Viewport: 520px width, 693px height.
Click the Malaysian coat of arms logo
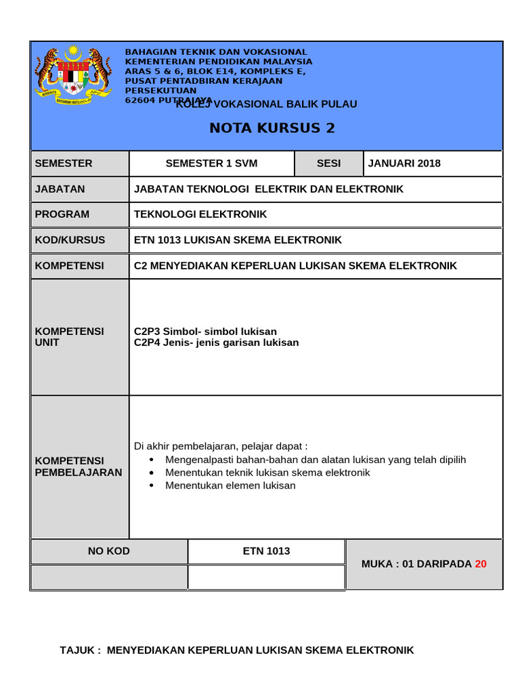(72, 74)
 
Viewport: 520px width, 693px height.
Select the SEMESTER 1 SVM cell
(211, 163)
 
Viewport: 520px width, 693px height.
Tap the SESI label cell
(329, 163)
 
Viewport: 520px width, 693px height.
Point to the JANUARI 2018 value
(404, 163)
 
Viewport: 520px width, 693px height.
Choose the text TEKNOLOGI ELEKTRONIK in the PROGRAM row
(200, 215)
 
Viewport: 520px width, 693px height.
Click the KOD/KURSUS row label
(70, 240)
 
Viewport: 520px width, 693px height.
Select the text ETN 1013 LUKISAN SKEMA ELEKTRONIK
(238, 240)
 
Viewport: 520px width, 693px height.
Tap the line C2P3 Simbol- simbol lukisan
(205, 332)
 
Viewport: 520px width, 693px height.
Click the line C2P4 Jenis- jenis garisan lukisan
(216, 342)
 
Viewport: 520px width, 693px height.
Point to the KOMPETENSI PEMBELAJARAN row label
(78, 466)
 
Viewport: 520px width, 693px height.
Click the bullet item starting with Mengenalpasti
(316, 460)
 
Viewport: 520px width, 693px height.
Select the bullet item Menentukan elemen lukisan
(230, 485)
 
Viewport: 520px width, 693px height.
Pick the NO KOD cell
(109, 551)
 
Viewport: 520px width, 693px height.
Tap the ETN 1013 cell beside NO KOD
(266, 551)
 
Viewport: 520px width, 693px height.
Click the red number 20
(480, 564)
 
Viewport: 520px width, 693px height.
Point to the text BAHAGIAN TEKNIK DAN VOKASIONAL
(216, 52)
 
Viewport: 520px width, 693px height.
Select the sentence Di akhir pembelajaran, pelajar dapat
(221, 446)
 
